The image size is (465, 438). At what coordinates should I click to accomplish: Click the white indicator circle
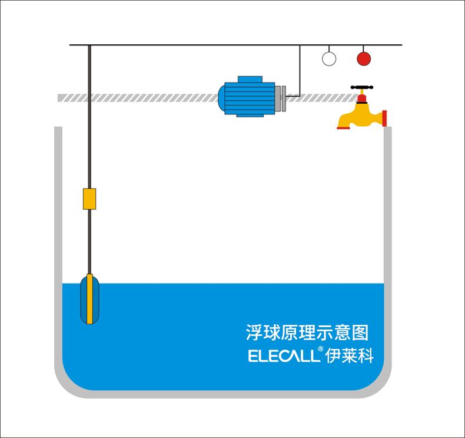pos(328,59)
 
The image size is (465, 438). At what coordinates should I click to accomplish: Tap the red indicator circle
pos(364,59)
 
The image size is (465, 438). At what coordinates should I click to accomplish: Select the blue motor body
pos(247,98)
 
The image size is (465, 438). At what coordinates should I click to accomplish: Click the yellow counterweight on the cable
pos(89,199)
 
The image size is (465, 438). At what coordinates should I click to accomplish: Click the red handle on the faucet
pos(363,88)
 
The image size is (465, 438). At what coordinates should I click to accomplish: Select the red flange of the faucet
pos(384,118)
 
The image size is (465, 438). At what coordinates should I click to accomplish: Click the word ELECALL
pos(283,356)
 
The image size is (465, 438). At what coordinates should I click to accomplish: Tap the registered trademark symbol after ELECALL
pos(320,350)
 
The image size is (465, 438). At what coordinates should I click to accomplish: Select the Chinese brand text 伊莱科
pos(349,355)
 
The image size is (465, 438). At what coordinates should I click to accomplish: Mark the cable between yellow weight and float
pos(89,242)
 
